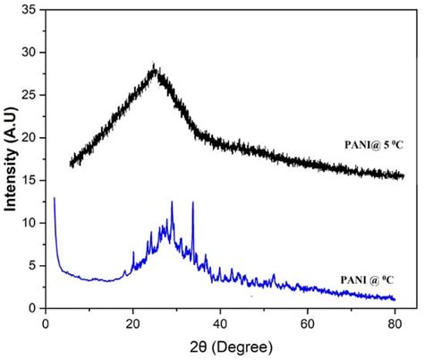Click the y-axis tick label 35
pyautogui.click(x=30, y=10)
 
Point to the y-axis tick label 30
pyautogui.click(x=30, y=53)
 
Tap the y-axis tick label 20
pyautogui.click(x=30, y=138)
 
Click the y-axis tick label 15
pyautogui.click(x=30, y=180)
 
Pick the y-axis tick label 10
pyautogui.click(x=30, y=223)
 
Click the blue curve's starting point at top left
pyautogui.click(x=55, y=198)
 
